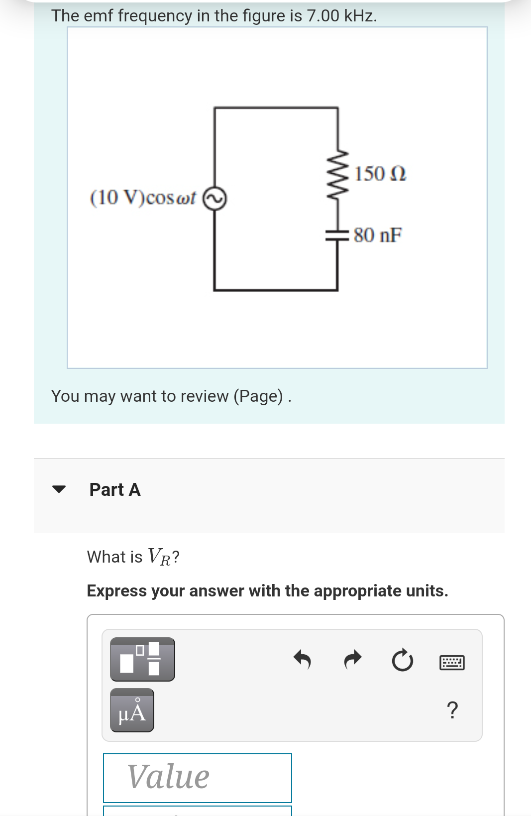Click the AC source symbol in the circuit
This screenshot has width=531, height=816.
(214, 199)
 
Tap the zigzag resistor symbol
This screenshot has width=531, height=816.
(338, 174)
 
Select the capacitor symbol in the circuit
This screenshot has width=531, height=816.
(337, 235)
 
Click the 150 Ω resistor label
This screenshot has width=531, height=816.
(380, 174)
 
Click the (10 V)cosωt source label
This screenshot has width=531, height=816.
(143, 198)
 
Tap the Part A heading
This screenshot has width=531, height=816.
(115, 489)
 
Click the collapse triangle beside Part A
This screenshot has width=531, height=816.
(59, 489)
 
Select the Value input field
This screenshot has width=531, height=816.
(197, 777)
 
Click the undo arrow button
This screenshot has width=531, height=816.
(302, 660)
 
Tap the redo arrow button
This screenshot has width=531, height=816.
(353, 660)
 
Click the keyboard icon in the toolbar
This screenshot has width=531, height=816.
(452, 663)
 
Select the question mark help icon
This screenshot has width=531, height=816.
(452, 710)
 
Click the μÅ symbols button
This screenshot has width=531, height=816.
(132, 710)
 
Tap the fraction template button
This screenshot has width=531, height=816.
(142, 659)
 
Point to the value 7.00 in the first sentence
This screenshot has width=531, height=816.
(323, 16)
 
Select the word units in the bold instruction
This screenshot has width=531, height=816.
(426, 590)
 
